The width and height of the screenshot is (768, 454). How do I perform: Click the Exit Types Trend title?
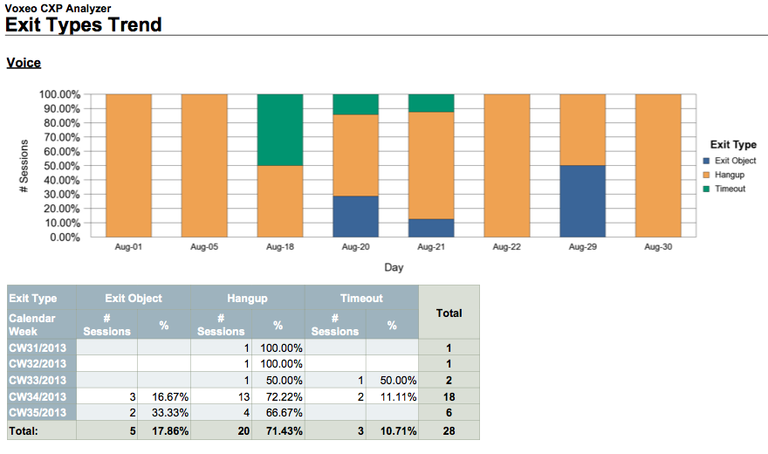pyautogui.click(x=84, y=24)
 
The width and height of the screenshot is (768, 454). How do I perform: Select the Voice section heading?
pyautogui.click(x=24, y=63)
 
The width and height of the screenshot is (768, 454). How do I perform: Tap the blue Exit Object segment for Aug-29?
pyautogui.click(x=582, y=201)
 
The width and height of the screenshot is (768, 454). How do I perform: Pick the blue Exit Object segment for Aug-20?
pyautogui.click(x=355, y=217)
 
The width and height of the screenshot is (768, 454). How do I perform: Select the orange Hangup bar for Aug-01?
pyautogui.click(x=128, y=165)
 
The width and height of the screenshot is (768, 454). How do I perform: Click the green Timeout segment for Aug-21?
pyautogui.click(x=431, y=103)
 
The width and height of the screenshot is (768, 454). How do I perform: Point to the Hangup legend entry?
pyautogui.click(x=729, y=175)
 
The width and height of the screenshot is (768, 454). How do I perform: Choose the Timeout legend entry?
pyautogui.click(x=729, y=189)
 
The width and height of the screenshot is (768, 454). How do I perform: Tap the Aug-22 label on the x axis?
pyautogui.click(x=506, y=248)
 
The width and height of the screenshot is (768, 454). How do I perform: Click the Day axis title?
pyautogui.click(x=394, y=267)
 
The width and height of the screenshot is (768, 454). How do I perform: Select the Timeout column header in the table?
pyautogui.click(x=361, y=299)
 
